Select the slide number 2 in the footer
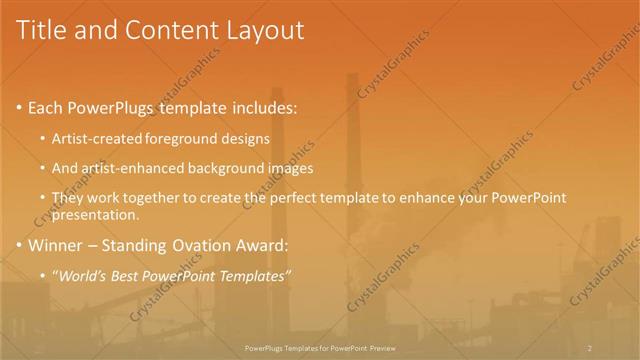tap(590, 347)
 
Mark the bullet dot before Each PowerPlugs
tap(19, 107)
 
